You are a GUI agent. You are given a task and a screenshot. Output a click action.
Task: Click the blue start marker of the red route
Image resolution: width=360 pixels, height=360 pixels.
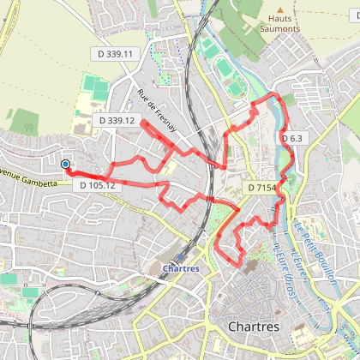click(65, 164)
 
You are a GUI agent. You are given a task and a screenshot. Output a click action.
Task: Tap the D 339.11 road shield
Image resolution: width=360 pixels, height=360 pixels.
click(115, 54)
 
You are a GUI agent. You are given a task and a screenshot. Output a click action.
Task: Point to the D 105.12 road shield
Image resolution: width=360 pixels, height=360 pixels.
click(97, 185)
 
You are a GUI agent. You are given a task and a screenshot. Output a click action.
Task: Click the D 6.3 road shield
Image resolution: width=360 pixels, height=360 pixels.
click(291, 138)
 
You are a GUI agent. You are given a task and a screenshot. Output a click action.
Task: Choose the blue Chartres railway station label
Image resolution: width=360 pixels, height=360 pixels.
click(179, 267)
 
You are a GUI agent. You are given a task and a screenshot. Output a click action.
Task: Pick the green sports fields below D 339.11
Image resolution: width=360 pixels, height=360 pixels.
click(95, 88)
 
